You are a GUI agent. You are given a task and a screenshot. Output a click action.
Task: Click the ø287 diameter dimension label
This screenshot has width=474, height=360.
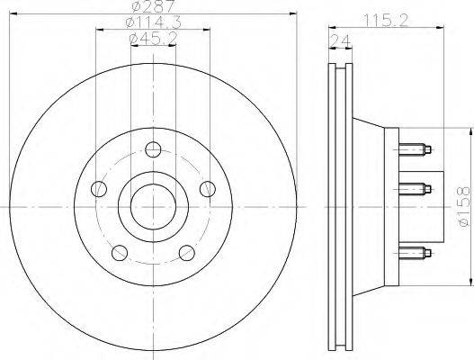pyautogui.click(x=154, y=5)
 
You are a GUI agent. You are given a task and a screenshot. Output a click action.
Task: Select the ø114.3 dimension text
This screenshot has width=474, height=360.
pyautogui.click(x=153, y=22)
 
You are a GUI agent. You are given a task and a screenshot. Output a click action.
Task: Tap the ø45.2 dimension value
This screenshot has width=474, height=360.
pyautogui.click(x=153, y=39)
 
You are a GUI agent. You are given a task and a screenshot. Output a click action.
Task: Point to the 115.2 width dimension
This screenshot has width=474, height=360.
pyautogui.click(x=386, y=21)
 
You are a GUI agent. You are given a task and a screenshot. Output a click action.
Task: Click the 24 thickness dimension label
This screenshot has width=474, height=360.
pyautogui.click(x=340, y=40)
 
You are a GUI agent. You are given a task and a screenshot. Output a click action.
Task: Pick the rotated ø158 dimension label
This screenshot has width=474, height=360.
pyautogui.click(x=464, y=206)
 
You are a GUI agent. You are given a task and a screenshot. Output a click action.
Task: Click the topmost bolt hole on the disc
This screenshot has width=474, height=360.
pyautogui.click(x=153, y=149)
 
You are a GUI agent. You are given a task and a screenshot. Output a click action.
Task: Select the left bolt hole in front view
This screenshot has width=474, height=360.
pyautogui.click(x=99, y=189)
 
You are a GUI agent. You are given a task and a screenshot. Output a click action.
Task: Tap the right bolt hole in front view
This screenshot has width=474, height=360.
pyautogui.click(x=208, y=189)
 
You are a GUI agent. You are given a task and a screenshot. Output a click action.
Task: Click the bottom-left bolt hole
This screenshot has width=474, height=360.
pyautogui.click(x=120, y=253)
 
